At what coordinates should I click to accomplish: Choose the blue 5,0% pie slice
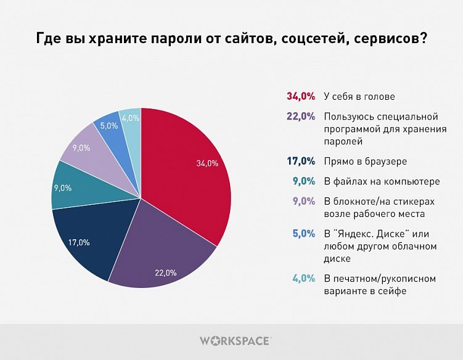[x=109, y=123]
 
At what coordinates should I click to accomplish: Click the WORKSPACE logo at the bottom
[x=235, y=340]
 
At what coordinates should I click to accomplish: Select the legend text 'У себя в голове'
[x=359, y=96]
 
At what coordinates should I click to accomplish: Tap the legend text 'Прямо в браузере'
[x=365, y=162]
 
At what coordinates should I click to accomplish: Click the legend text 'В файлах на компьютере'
[x=382, y=181]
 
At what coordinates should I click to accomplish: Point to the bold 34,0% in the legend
[x=301, y=96]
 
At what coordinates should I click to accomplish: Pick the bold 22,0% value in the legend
[x=301, y=116]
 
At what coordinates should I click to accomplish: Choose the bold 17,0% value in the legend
[x=301, y=162]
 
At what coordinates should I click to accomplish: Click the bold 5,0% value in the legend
[x=303, y=234]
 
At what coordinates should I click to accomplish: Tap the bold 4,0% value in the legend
[x=303, y=279]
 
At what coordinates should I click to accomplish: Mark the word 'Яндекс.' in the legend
[x=357, y=234]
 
